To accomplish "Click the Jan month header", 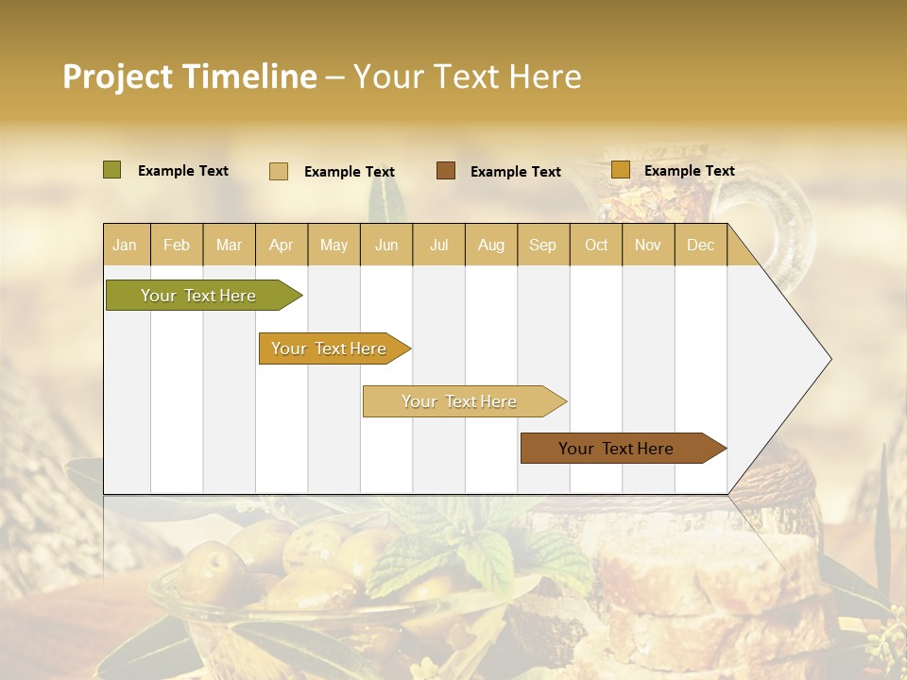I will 125,245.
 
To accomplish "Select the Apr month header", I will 281,245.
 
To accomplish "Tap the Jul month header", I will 438,245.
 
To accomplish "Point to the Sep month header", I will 542,245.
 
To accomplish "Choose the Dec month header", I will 700,245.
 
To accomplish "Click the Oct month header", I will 596,245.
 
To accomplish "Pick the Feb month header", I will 177,245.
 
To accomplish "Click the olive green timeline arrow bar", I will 199,296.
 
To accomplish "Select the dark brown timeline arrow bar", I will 617,449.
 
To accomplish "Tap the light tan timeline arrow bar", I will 459,401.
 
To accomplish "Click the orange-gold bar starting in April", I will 330,348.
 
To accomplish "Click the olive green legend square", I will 111,170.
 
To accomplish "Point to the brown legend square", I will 446,170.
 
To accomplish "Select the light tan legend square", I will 279,171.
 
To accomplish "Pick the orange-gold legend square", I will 620,170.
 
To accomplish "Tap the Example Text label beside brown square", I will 515,171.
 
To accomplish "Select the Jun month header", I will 386,245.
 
